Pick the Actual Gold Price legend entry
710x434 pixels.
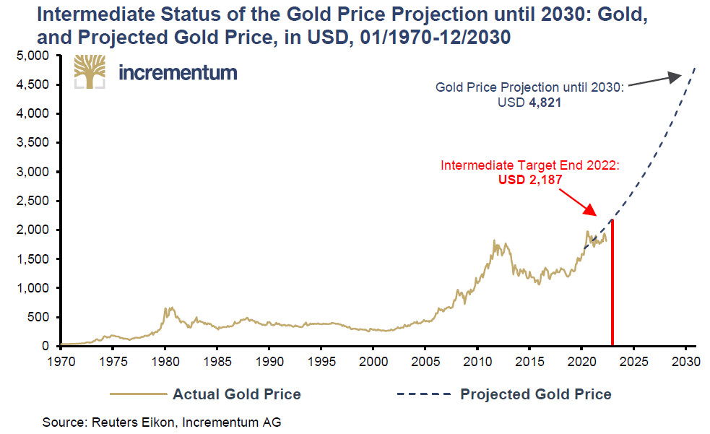(205, 394)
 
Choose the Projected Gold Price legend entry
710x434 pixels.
(505, 394)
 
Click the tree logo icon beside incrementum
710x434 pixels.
(89, 71)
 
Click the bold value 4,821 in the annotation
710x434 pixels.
(546, 103)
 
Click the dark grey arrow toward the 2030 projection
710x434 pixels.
(653, 79)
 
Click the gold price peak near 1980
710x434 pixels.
(167, 308)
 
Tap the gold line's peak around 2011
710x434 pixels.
(494, 241)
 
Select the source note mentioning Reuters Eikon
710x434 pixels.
(161, 422)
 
